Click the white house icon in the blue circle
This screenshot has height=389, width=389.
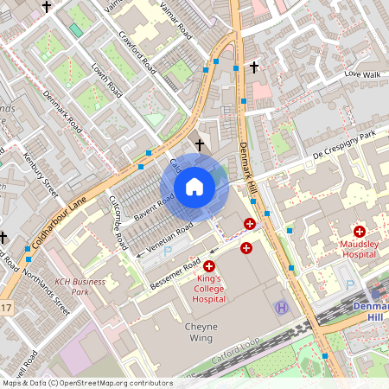194,187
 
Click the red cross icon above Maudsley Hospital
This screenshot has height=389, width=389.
360,231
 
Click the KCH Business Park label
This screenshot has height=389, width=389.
80,287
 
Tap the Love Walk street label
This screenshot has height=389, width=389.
362,74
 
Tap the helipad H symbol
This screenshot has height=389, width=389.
281,307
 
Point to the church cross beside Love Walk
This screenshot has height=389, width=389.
254,66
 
